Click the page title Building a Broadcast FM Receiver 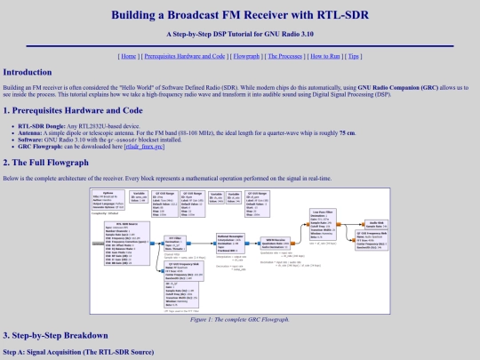(240, 15)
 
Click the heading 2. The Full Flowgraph (48, 163)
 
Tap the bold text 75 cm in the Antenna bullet (348, 132)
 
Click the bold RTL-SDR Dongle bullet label (44, 125)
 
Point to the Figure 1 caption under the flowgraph (240, 318)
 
